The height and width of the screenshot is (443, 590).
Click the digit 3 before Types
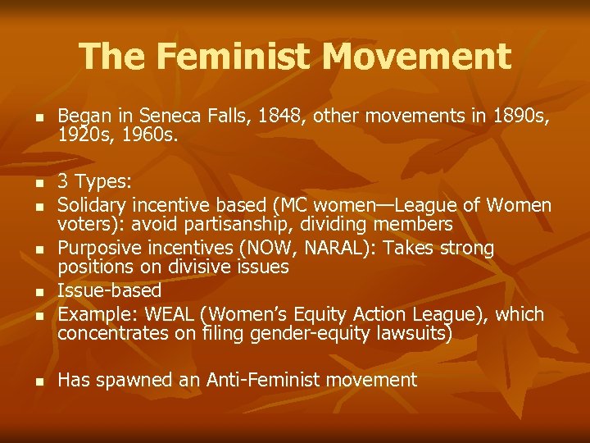pos(62,180)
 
